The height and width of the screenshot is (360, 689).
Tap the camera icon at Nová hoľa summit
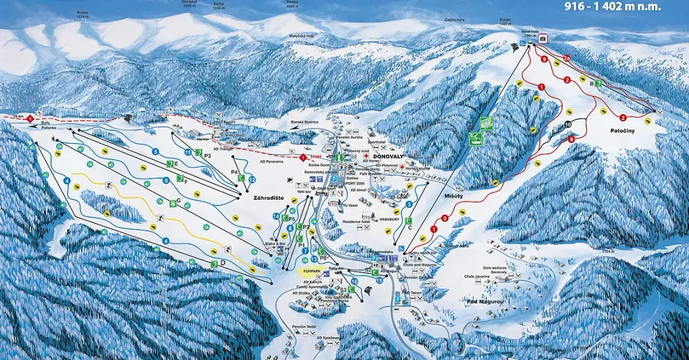(x=543, y=39)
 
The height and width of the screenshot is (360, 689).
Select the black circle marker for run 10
(x=568, y=124)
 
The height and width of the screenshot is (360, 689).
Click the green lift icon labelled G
(x=172, y=203)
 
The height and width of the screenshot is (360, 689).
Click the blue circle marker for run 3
(x=409, y=204)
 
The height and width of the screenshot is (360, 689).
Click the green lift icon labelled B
(x=598, y=84)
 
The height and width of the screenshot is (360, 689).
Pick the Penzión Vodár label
(x=304, y=326)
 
